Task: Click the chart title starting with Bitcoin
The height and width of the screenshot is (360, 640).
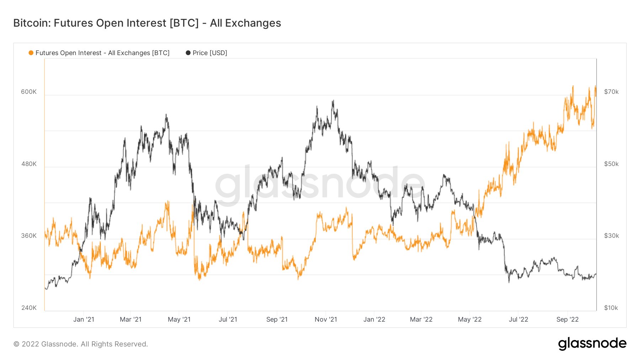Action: tap(147, 23)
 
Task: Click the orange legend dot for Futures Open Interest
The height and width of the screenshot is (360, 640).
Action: tap(31, 53)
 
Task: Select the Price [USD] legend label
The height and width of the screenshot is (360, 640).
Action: tap(210, 53)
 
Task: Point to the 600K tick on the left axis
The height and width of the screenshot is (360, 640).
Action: tap(29, 92)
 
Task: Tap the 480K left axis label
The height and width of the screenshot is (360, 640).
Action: tap(29, 164)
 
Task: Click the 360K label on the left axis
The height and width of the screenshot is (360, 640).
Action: tap(29, 236)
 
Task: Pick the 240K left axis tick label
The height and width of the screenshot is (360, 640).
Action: tap(29, 308)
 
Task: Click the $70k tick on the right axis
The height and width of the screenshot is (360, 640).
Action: tap(611, 92)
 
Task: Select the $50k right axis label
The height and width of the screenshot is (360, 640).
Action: tap(611, 164)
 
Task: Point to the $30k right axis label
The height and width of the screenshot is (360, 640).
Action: tap(611, 236)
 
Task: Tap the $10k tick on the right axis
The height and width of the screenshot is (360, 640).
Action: tap(611, 308)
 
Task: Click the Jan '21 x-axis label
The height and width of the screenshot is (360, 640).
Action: tap(84, 319)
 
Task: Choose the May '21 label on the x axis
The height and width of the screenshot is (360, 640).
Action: tap(179, 319)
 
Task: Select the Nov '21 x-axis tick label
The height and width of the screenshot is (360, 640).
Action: tap(326, 319)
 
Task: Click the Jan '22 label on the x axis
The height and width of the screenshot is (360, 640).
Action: tap(374, 319)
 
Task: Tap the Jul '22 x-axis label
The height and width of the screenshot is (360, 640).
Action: tap(518, 319)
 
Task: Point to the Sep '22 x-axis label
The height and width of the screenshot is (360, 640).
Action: tap(567, 319)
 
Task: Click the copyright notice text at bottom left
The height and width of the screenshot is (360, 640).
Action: tap(81, 344)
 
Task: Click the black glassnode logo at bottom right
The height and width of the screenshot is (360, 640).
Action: tap(592, 344)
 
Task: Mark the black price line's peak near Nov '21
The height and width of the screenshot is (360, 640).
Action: tap(333, 101)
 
